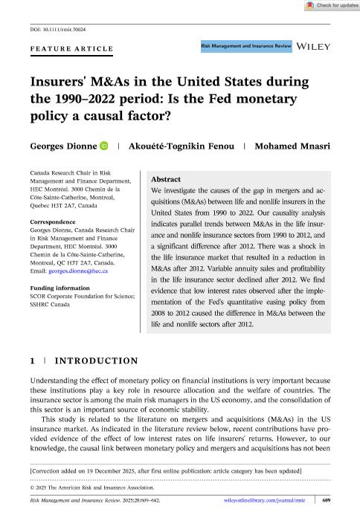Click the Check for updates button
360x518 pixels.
(x=327, y=5)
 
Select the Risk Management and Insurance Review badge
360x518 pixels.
(x=245, y=46)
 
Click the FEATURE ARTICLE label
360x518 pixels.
(x=71, y=49)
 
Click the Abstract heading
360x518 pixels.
(x=165, y=181)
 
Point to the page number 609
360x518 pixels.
(x=325, y=502)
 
